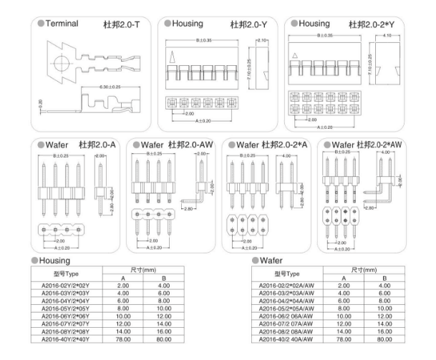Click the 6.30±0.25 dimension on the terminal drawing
pyautogui.click(x=108, y=87)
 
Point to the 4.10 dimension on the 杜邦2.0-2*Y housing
pyautogui.click(x=387, y=35)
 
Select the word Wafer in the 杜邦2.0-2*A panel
pyautogui.click(x=246, y=145)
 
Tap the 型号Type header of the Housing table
pyautogui.click(x=65, y=274)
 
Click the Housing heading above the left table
pyautogui.click(x=54, y=261)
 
